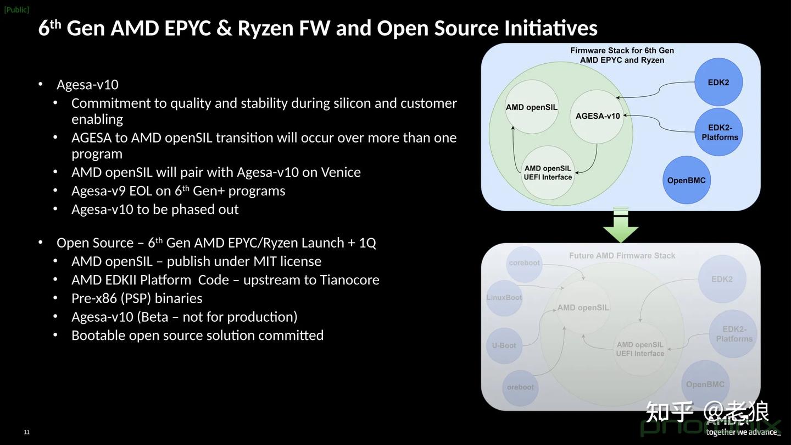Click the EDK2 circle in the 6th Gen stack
[718, 83]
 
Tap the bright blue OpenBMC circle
[686, 180]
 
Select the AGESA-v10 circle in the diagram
[597, 116]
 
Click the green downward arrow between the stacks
[621, 226]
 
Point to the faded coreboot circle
[524, 263]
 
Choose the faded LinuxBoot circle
[504, 298]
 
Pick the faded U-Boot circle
[504, 346]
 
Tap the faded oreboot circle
[520, 387]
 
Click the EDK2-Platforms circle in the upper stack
[719, 133]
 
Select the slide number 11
[26, 432]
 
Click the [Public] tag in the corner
[16, 9]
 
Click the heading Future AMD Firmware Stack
[622, 256]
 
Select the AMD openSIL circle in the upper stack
[531, 107]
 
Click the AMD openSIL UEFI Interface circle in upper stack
[548, 173]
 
